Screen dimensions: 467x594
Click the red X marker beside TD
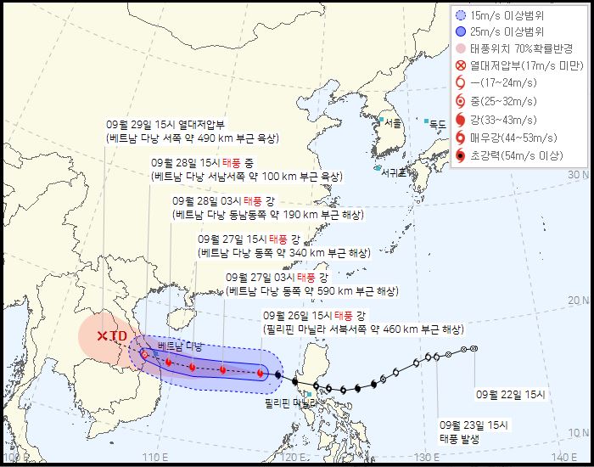click(x=102, y=336)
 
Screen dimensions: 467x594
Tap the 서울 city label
click(x=392, y=122)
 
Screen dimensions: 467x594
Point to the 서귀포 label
click(x=394, y=173)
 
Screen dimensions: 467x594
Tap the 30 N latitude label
click(x=579, y=174)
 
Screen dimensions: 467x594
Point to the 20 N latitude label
click(x=579, y=301)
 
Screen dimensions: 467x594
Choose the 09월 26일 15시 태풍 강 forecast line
click(x=314, y=316)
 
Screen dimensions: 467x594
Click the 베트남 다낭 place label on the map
click(x=180, y=348)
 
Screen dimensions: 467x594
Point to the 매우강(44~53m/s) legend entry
click(x=517, y=138)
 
